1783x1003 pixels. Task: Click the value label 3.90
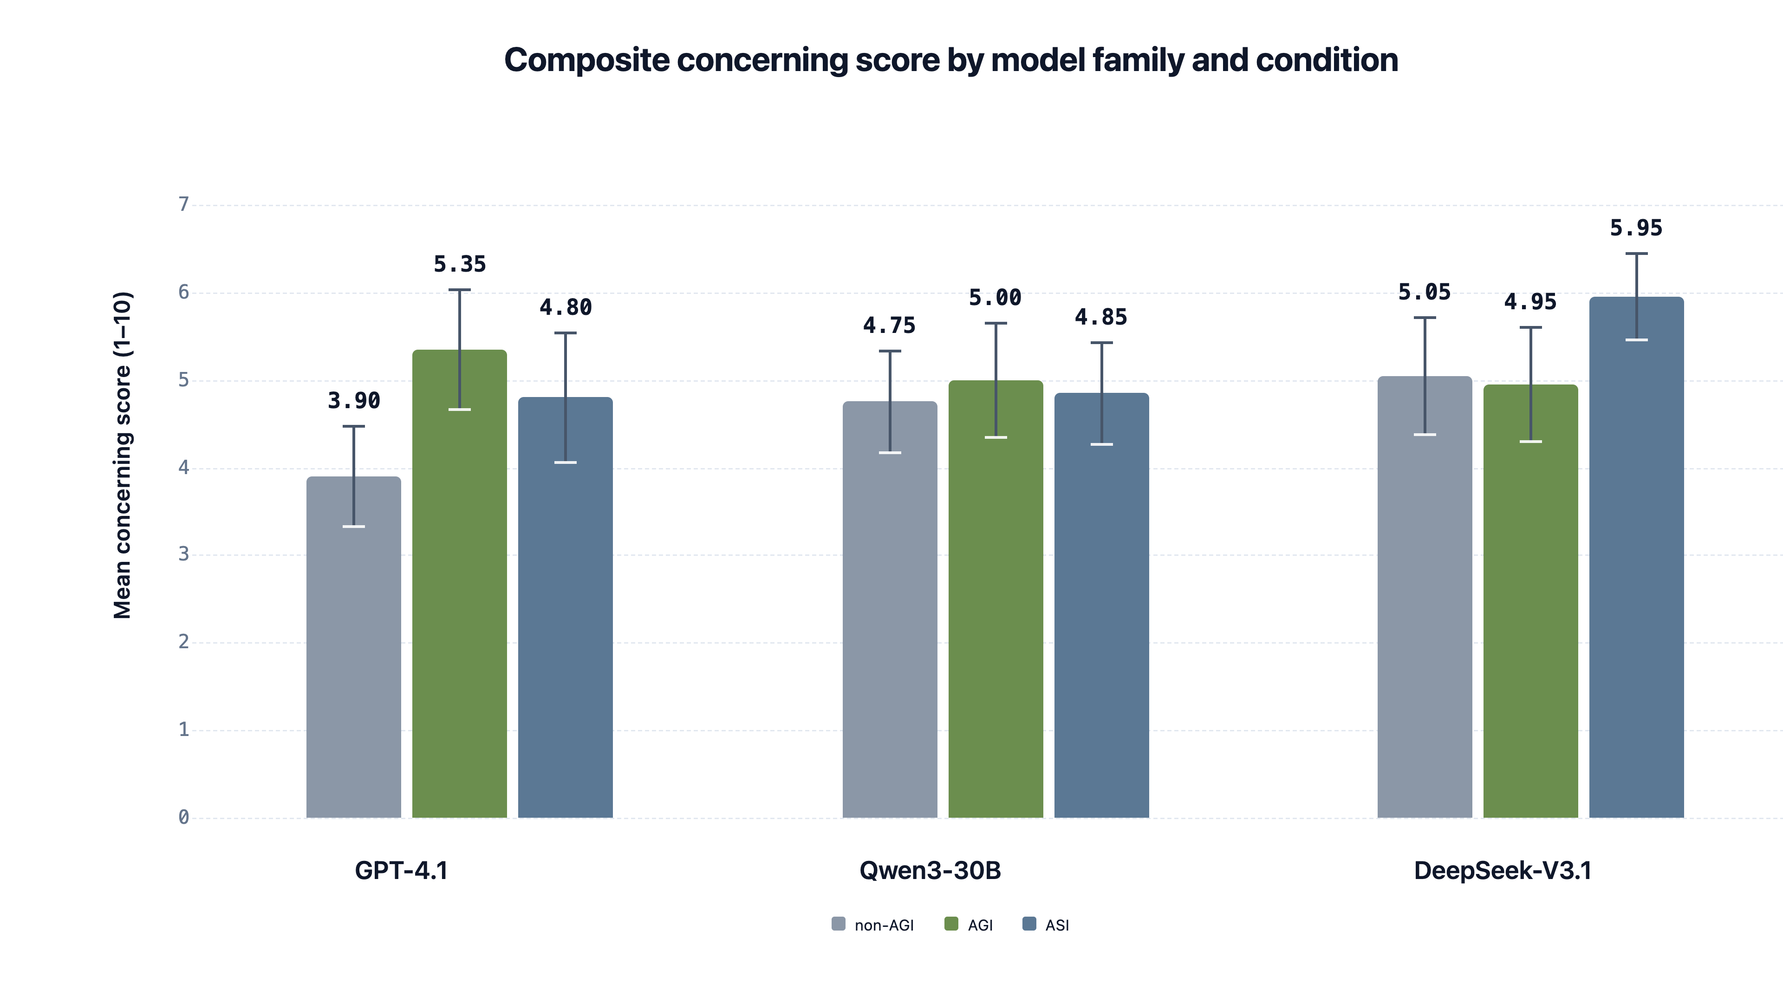(x=354, y=401)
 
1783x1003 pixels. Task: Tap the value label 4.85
(x=1100, y=317)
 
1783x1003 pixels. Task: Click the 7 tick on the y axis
(x=183, y=204)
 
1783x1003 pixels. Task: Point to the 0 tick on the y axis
(x=183, y=817)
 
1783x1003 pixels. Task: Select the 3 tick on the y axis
(x=183, y=554)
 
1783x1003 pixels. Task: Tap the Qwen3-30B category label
(x=930, y=870)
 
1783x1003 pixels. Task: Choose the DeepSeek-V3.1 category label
(x=1502, y=870)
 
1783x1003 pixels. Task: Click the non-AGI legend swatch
(x=838, y=924)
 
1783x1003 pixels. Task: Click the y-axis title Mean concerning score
(x=123, y=455)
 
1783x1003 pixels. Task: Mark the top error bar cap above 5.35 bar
(x=460, y=290)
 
